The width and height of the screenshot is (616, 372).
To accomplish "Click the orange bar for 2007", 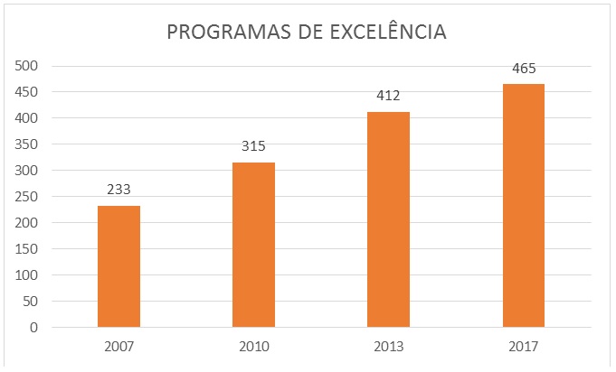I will pos(118,266).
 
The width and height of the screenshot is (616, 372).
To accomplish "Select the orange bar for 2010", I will pos(253,245).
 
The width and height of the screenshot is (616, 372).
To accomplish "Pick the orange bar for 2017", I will pos(524,205).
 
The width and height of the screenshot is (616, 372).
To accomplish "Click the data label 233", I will pos(118,191).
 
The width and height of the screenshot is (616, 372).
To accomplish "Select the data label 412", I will pos(388,96).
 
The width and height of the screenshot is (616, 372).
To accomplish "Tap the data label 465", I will pos(524,68).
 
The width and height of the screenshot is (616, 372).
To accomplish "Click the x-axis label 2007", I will pos(118,347).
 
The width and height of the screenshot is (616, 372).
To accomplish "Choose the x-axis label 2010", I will pos(253,347).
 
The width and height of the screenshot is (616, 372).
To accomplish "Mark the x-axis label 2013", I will pos(388,347).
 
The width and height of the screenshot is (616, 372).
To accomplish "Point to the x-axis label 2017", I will pos(524,347).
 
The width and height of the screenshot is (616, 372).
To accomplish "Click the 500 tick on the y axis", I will pos(26,66).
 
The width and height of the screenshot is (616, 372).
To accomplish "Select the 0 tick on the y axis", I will pos(33,328).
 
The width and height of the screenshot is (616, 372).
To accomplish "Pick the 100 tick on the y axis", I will pos(26,275).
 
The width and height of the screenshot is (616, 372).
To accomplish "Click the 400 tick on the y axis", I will pos(26,118).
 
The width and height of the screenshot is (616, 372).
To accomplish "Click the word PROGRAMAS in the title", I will pos(226,33).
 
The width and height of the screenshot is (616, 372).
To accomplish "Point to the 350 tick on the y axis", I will pos(26,144).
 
